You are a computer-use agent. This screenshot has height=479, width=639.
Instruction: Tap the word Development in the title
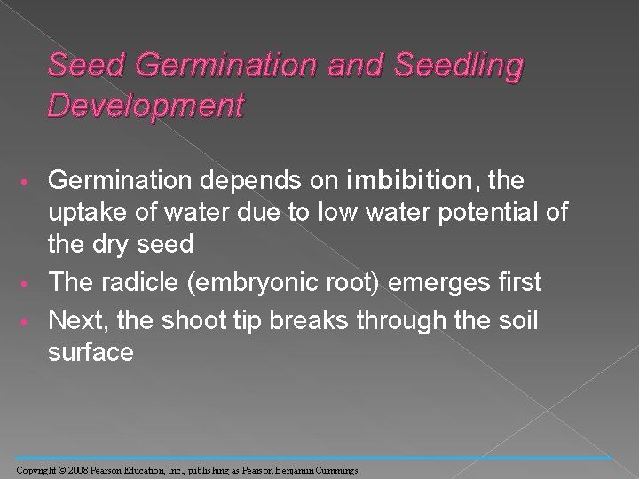pos(146,106)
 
